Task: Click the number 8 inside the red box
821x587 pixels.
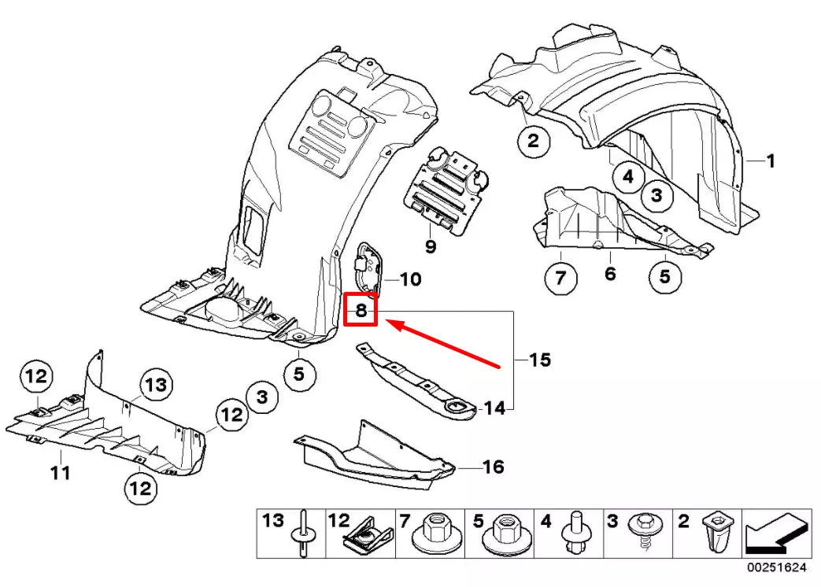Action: (361, 310)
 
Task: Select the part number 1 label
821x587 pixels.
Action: (771, 161)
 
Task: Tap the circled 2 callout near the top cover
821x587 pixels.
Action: (533, 142)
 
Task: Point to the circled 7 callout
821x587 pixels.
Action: (560, 278)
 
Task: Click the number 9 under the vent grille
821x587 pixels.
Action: (431, 247)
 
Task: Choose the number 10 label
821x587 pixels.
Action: (410, 279)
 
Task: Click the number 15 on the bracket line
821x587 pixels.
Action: (539, 360)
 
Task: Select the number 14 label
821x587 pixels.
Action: (494, 408)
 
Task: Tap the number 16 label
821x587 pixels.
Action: (493, 467)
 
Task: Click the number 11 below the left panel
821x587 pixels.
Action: (61, 473)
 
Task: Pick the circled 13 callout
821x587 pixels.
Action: (156, 385)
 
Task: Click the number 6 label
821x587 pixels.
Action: (610, 274)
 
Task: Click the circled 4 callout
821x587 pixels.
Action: (627, 177)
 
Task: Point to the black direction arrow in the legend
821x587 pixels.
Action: (776, 534)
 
